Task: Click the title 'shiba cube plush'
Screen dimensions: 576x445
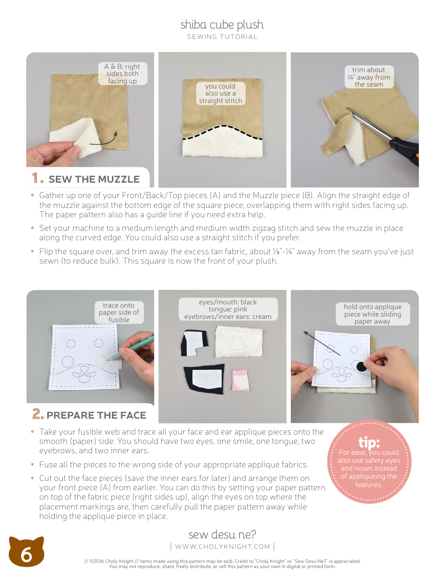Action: click(x=222, y=24)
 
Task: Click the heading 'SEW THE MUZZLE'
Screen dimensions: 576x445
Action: click(x=94, y=179)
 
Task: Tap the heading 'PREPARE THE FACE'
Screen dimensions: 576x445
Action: click(x=96, y=415)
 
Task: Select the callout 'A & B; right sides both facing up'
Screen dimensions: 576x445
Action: click(x=122, y=74)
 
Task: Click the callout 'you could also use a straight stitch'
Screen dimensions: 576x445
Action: click(x=220, y=93)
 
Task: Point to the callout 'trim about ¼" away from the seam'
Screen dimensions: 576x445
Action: click(x=369, y=77)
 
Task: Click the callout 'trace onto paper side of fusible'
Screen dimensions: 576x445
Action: click(x=119, y=312)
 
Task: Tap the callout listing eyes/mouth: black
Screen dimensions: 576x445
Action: click(x=228, y=309)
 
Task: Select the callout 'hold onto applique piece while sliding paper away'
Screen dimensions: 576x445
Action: click(x=372, y=314)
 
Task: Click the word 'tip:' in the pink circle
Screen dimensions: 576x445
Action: click(x=369, y=442)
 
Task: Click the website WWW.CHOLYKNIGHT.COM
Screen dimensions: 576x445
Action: click(x=222, y=546)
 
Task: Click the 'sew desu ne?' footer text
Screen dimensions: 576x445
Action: click(x=222, y=534)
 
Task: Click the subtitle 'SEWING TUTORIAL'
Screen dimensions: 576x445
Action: click(x=222, y=37)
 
